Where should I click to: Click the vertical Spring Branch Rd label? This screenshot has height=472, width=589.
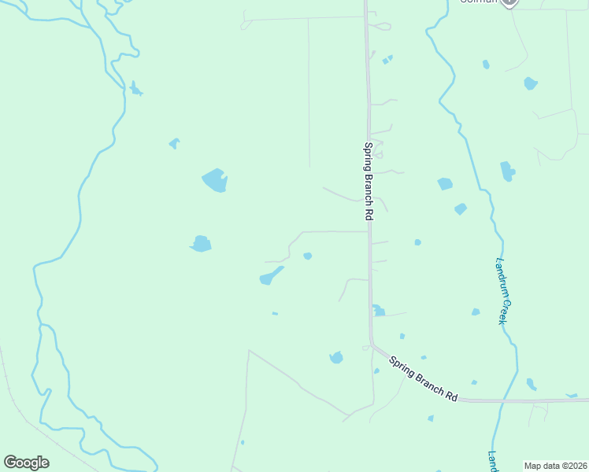367,181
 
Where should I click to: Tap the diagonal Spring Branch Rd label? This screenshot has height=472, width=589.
423,379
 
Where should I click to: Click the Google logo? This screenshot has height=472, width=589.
26,463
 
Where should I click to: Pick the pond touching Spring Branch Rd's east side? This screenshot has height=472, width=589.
378,311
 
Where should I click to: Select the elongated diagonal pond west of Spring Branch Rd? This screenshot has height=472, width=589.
270,275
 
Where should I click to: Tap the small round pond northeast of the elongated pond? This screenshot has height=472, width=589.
307,256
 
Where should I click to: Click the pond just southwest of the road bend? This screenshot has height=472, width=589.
336,358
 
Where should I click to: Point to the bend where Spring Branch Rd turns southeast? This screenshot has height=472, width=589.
372,346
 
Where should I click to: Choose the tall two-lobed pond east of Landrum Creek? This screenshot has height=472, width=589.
507,171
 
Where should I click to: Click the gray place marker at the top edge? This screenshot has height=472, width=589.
510,3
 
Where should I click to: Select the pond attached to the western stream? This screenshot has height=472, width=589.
135,90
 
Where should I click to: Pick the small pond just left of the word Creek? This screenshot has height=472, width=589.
476,312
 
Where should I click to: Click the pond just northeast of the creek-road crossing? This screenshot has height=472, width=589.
531,385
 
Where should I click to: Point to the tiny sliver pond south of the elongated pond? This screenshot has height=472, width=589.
275,313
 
